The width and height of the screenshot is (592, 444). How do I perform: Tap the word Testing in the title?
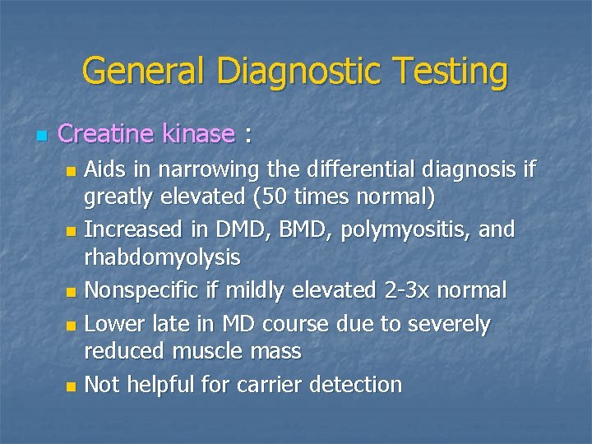[448, 72]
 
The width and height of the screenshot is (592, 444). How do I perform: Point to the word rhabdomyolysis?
[163, 258]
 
